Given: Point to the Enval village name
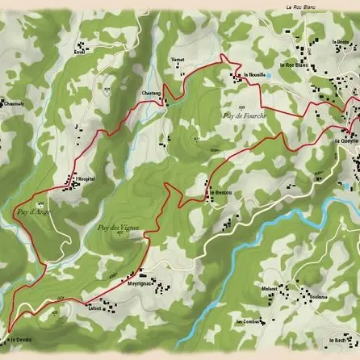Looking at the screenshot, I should point(79,52).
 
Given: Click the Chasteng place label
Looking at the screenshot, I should point(152,94).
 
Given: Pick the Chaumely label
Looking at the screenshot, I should point(14,103).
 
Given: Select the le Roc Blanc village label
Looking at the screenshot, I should point(294,65).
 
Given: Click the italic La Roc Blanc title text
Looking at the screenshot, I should point(299,7).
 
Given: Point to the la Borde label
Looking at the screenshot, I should point(340,42).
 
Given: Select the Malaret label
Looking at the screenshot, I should point(270,287).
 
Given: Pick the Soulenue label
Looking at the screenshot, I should point(317,297).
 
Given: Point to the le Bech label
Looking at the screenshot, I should point(338,340).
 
